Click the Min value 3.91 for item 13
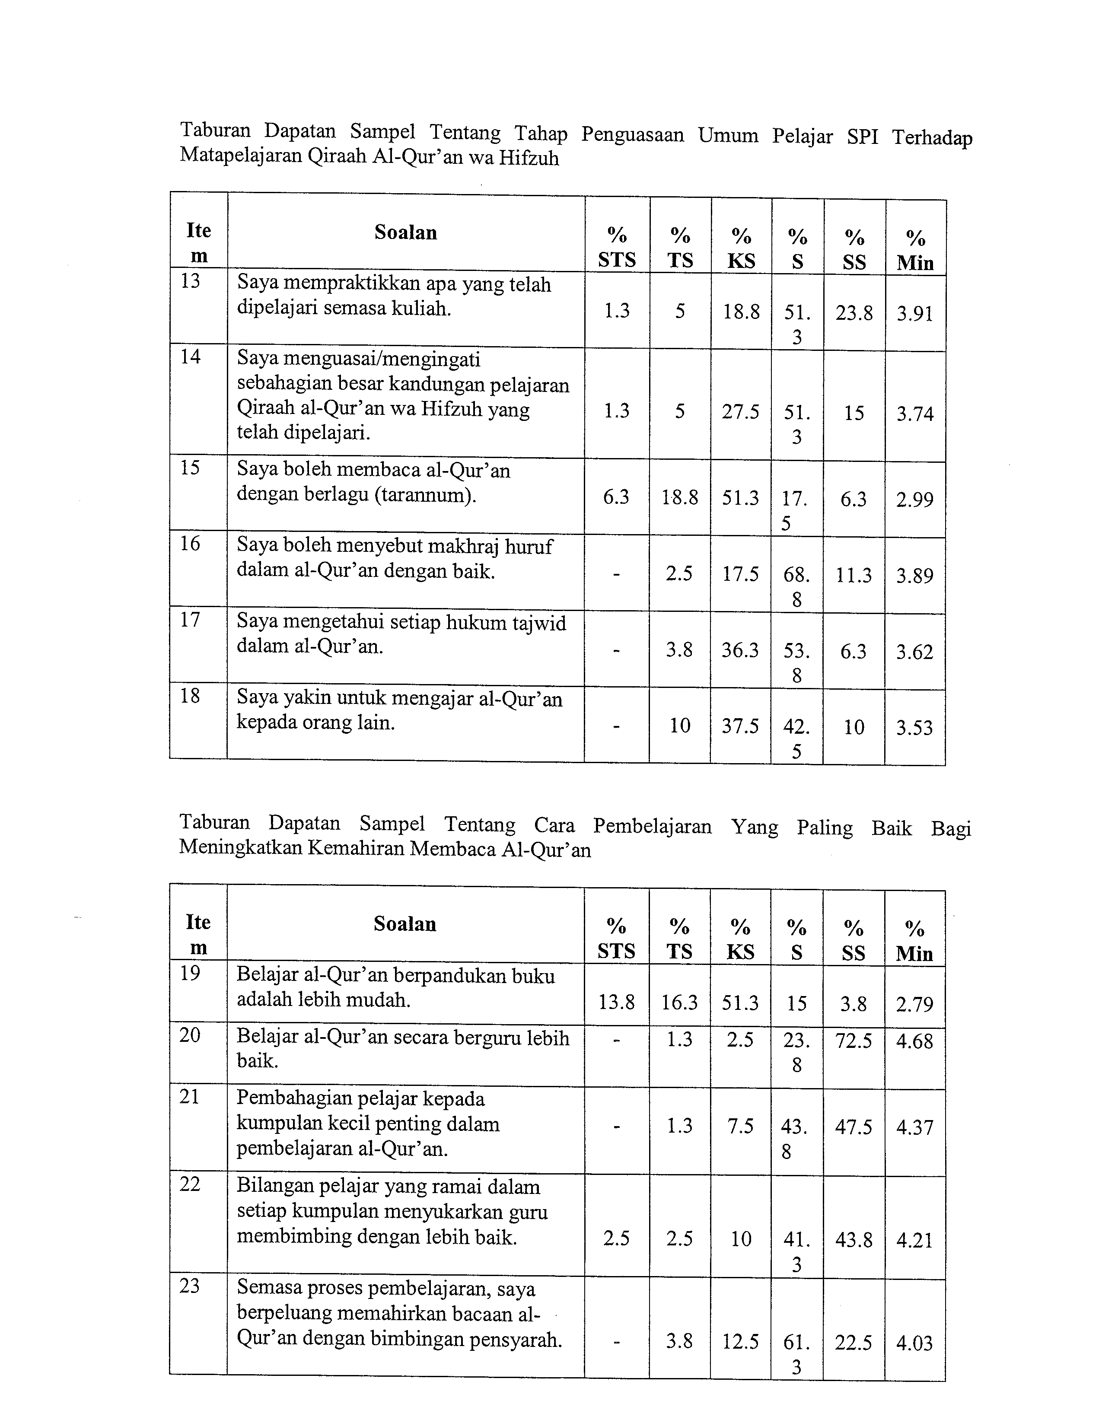pos(914,313)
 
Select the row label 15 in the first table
pos(190,468)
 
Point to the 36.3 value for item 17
pos(740,650)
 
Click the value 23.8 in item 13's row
pos(854,313)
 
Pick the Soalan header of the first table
pos(405,232)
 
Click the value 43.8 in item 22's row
pos(853,1239)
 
